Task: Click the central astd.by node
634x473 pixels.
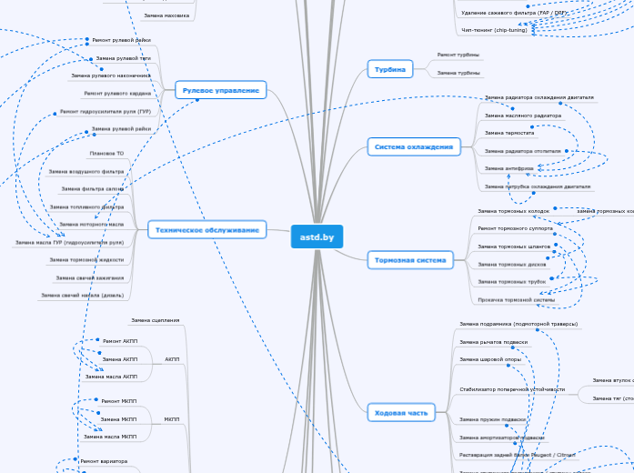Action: [317, 236]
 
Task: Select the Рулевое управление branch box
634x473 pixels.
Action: [220, 90]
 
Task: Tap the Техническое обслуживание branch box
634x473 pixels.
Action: [207, 230]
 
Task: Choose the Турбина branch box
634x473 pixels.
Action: [389, 68]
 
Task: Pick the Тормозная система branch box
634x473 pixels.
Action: [409, 260]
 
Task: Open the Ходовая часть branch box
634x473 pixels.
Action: [400, 413]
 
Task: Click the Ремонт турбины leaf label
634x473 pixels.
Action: [458, 55]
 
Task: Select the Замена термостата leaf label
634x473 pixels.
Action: [508, 133]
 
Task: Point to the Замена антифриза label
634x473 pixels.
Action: [508, 168]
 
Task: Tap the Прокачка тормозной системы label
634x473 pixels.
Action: [516, 299]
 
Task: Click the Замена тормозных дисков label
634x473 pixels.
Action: [511, 264]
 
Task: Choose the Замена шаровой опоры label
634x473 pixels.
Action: [490, 359]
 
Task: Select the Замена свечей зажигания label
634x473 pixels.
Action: [89, 277]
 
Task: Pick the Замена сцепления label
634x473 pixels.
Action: [155, 321]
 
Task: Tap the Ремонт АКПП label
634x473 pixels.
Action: [119, 341]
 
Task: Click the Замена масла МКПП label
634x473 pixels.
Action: [110, 437]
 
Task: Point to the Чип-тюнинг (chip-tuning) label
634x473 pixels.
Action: [493, 31]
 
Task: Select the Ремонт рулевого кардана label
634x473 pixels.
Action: [117, 93]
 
